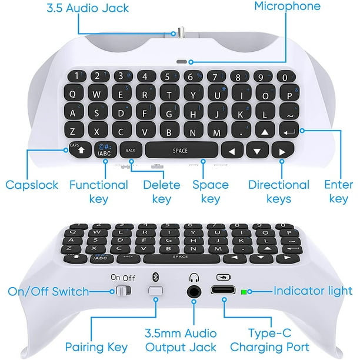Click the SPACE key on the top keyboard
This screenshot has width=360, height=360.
pyautogui.click(x=181, y=151)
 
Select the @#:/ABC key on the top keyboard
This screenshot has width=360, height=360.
pyautogui.click(x=105, y=151)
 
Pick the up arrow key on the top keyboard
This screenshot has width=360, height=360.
pyautogui.click(x=266, y=132)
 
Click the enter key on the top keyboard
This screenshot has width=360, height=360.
pyautogui.click(x=289, y=133)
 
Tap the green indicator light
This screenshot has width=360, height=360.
pyautogui.click(x=251, y=291)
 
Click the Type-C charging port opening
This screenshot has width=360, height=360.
pyautogui.click(x=223, y=291)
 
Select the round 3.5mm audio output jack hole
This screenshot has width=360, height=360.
pyautogui.click(x=192, y=291)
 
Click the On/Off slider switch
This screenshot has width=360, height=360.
pyautogui.click(x=122, y=291)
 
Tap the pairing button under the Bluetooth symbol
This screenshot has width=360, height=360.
pyautogui.click(x=156, y=291)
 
